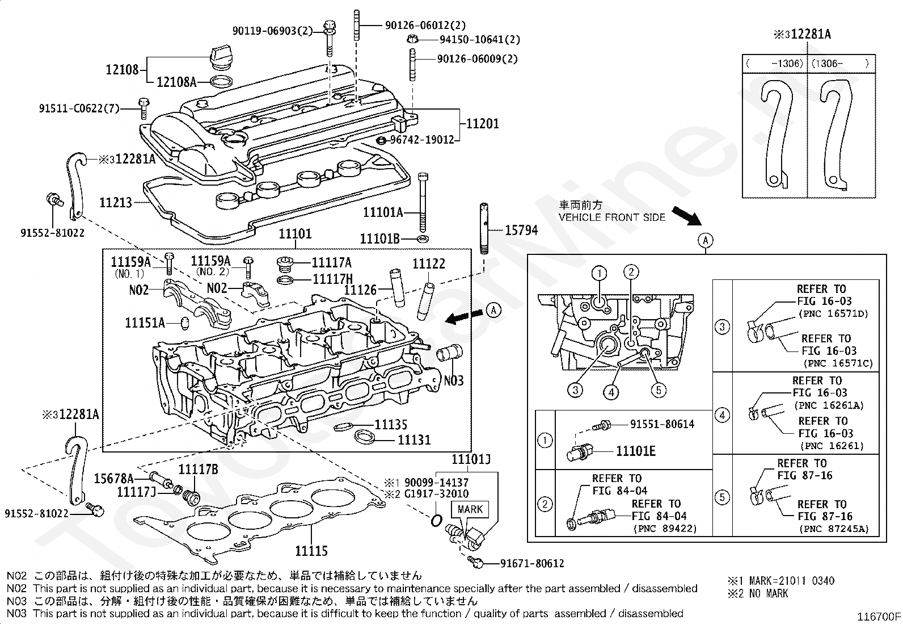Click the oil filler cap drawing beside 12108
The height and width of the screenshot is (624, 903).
point(221,60)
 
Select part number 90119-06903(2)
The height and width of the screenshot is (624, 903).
point(272,31)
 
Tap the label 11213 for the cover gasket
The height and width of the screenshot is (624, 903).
point(116,202)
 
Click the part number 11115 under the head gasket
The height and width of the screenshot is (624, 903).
point(311,551)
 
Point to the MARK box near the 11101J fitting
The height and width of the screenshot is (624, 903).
point(470,509)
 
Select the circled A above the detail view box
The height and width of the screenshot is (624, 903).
point(706,241)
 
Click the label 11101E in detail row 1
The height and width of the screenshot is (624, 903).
point(636,451)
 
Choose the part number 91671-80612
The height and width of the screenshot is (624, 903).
point(532,563)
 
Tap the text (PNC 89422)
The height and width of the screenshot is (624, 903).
point(665,529)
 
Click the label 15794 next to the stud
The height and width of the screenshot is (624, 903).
point(521,230)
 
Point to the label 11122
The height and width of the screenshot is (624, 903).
point(429,263)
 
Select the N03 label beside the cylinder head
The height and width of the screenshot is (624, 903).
point(454,380)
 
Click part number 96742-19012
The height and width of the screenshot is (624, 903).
point(422,140)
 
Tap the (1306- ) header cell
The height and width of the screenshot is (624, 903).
point(841,64)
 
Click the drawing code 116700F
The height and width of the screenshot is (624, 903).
point(879,616)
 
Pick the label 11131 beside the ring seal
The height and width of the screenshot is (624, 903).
point(415,439)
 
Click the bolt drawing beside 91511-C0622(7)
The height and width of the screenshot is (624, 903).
point(143,108)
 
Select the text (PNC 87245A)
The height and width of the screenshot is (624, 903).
point(834,529)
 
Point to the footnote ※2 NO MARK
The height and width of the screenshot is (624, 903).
point(757,593)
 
